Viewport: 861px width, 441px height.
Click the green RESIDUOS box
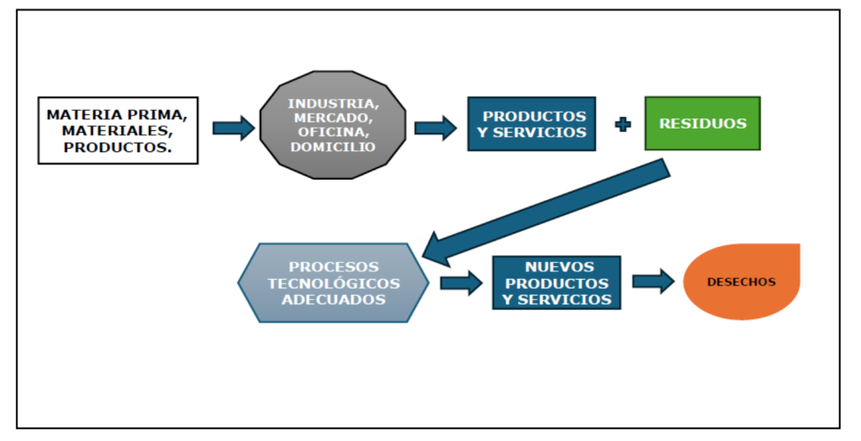(702, 123)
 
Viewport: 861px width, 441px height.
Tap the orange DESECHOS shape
(741, 282)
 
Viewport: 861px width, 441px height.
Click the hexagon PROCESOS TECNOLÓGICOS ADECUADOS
(334, 283)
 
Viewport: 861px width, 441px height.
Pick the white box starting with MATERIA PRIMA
(118, 129)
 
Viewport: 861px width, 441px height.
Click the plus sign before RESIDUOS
(623, 124)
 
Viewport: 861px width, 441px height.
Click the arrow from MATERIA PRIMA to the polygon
(233, 128)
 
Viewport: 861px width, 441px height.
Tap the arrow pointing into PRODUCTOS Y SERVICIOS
(435, 128)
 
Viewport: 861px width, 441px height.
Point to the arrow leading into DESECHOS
(653, 281)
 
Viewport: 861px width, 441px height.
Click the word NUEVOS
(557, 267)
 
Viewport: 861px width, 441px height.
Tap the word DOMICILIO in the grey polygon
(333, 147)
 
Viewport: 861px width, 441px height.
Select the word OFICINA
(333, 133)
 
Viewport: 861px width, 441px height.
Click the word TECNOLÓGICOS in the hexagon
(334, 283)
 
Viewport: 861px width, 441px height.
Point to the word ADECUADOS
(334, 299)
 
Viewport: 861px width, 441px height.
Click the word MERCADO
(333, 118)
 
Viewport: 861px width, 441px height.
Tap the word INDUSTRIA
(333, 103)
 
